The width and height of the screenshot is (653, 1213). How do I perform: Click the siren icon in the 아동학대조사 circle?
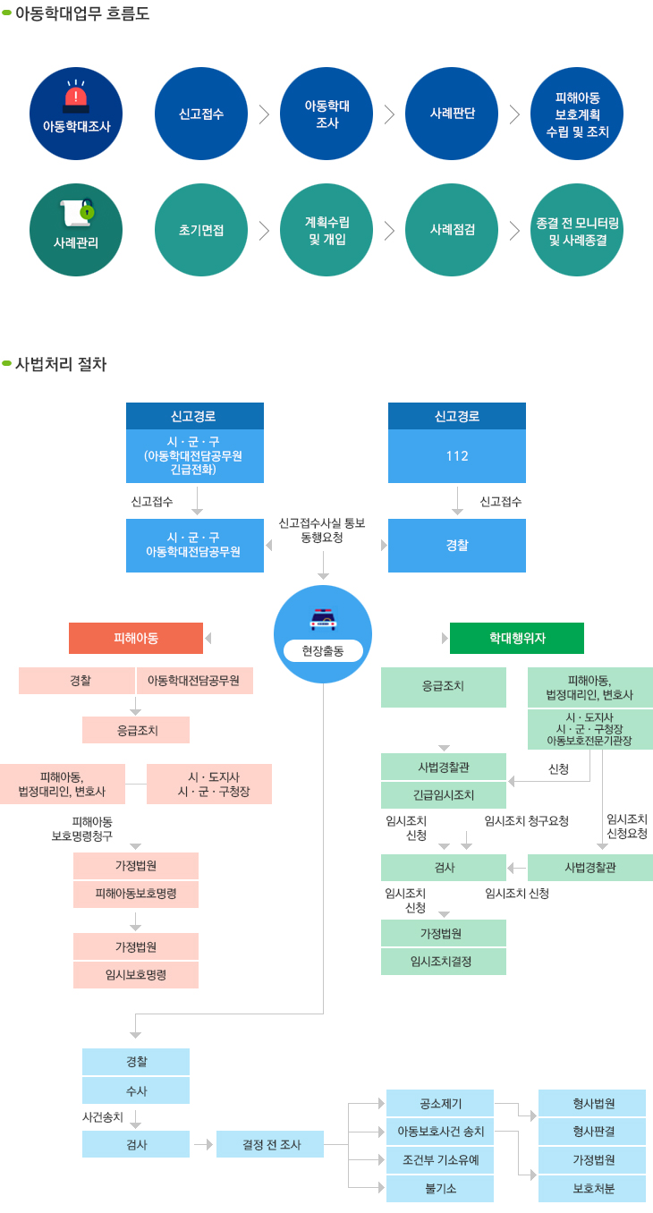click(x=77, y=94)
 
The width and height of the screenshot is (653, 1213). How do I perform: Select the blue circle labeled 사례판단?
click(x=452, y=114)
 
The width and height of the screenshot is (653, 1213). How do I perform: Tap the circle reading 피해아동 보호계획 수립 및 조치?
click(x=577, y=114)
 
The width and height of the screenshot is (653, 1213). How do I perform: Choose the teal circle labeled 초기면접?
click(x=201, y=230)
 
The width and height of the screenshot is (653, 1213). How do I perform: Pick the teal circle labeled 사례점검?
click(x=452, y=230)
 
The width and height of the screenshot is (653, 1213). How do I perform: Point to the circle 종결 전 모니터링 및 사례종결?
click(x=577, y=230)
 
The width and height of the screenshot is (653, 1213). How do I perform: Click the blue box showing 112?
click(x=456, y=456)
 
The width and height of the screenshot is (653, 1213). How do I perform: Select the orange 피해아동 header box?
click(x=136, y=638)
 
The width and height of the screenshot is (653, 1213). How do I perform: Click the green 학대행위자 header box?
click(x=517, y=638)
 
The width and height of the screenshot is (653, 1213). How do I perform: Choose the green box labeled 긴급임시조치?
click(x=444, y=794)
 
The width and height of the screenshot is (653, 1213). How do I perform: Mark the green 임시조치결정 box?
click(x=444, y=961)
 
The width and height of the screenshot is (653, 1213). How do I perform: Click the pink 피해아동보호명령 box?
click(x=136, y=894)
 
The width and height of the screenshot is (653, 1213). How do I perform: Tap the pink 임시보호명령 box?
click(x=136, y=974)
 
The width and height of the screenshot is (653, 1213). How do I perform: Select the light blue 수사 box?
click(x=136, y=1090)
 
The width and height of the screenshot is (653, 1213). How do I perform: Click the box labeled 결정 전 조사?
click(x=271, y=1144)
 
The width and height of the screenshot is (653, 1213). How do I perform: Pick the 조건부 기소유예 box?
click(x=440, y=1160)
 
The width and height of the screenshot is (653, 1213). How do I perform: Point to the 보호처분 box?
click(x=591, y=1189)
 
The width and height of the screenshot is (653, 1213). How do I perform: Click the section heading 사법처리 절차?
click(x=61, y=364)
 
